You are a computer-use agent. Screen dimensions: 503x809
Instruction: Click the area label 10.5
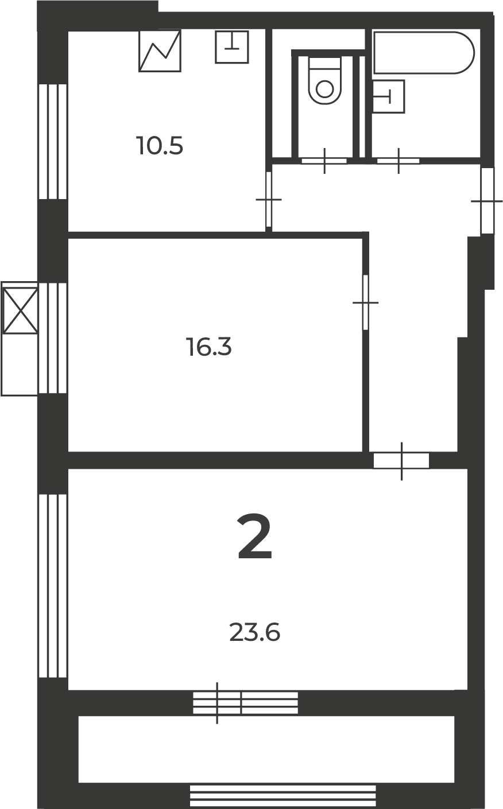[160, 146]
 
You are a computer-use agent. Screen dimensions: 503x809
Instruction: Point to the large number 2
[254, 536]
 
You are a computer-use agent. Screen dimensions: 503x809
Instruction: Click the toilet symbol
[325, 81]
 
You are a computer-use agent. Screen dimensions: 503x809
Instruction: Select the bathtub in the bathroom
[424, 53]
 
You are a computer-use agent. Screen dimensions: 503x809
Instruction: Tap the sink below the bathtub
[388, 96]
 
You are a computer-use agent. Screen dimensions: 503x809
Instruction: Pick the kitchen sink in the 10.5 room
[232, 47]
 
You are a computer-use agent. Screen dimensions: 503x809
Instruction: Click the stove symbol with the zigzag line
[160, 51]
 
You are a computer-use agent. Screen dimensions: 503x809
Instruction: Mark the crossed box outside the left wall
[20, 310]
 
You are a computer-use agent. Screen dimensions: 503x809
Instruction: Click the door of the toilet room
[324, 161]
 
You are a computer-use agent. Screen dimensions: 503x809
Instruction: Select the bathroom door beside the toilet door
[398, 161]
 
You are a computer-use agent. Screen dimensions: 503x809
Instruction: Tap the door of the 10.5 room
[269, 199]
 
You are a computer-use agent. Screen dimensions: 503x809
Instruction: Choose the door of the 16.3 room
[365, 302]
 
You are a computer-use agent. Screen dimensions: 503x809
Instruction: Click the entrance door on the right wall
[487, 201]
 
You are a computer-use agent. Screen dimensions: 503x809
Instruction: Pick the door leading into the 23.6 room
[401, 461]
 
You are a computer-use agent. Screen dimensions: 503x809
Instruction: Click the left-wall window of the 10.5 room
[53, 142]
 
